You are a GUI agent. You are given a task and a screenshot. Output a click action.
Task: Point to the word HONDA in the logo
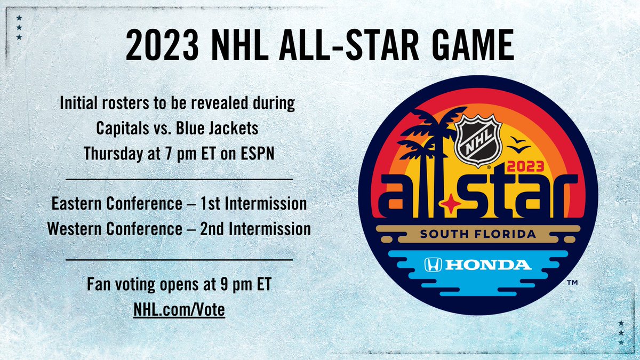(x=486, y=265)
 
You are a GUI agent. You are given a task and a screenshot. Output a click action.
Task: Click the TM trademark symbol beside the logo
(x=572, y=284)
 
